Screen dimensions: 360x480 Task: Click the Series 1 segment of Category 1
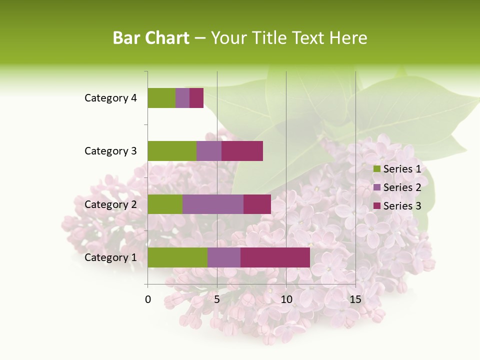pyautogui.click(x=177, y=257)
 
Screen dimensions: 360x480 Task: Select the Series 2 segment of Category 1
pyautogui.click(x=224, y=257)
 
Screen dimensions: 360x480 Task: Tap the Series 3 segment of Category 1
pyautogui.click(x=275, y=257)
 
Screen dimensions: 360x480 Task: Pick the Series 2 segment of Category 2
pyautogui.click(x=213, y=204)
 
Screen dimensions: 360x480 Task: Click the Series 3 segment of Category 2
pyautogui.click(x=257, y=204)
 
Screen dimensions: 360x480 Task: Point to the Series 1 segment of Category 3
pyautogui.click(x=172, y=151)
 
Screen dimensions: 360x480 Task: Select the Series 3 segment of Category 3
pyautogui.click(x=242, y=151)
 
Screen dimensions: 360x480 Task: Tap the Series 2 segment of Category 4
pyautogui.click(x=182, y=98)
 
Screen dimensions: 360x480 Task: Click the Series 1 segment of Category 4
pyautogui.click(x=161, y=98)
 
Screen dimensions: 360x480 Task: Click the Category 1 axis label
pyautogui.click(x=110, y=257)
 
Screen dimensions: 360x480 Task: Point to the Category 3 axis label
pyautogui.click(x=110, y=151)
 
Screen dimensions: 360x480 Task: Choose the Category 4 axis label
pyautogui.click(x=110, y=98)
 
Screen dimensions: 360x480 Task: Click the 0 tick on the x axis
pyautogui.click(x=148, y=299)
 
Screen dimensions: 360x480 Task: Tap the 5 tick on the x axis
pyautogui.click(x=217, y=299)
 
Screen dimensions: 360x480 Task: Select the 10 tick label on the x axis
pyautogui.click(x=286, y=299)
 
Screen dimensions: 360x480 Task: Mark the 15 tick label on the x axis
pyautogui.click(x=355, y=299)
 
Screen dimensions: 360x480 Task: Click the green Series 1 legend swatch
pyautogui.click(x=377, y=169)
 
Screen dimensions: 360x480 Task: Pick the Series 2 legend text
pyautogui.click(x=402, y=187)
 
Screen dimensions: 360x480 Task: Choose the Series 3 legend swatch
pyautogui.click(x=377, y=206)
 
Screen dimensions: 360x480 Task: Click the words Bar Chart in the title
pyautogui.click(x=150, y=38)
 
